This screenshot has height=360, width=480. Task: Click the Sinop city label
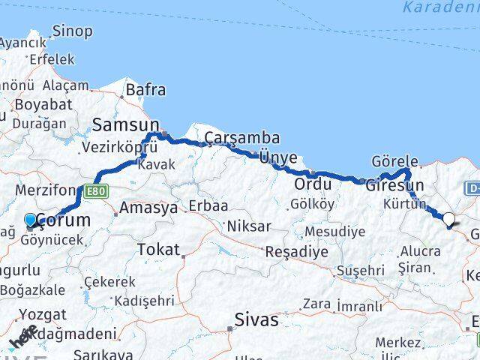73,31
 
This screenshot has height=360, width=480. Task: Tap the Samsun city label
126,124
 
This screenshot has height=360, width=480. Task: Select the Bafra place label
145,90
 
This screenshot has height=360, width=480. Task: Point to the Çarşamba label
242,138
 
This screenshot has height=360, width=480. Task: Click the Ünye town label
277,157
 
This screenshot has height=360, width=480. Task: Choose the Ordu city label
312,184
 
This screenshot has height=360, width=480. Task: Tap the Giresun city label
394,185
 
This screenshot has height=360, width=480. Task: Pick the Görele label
394,162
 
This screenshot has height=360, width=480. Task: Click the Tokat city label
158,250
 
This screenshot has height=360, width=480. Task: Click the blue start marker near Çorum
31,220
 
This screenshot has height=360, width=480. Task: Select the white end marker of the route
449,219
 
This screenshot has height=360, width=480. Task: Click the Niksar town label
248,226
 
